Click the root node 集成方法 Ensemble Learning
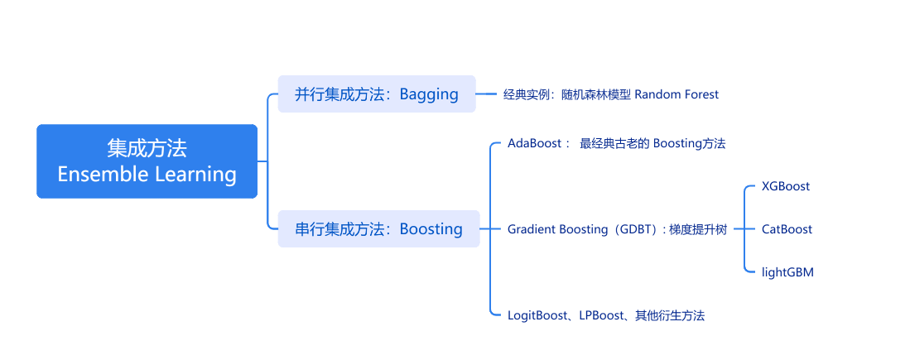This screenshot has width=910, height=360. (147, 161)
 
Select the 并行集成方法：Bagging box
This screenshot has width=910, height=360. (377, 94)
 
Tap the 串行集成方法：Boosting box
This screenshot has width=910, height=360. (378, 228)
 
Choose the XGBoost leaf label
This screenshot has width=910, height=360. (786, 186)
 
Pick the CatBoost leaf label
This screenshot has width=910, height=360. (787, 229)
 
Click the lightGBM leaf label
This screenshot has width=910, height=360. (787, 271)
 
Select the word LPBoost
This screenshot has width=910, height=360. (600, 315)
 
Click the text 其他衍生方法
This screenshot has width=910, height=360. (670, 315)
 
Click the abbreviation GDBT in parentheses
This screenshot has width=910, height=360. (636, 229)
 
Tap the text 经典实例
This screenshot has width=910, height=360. (528, 94)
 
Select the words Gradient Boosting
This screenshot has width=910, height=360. (557, 229)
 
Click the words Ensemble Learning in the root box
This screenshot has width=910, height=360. (147, 175)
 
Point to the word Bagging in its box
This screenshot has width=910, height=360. (429, 94)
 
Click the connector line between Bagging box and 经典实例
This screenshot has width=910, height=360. (486, 94)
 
